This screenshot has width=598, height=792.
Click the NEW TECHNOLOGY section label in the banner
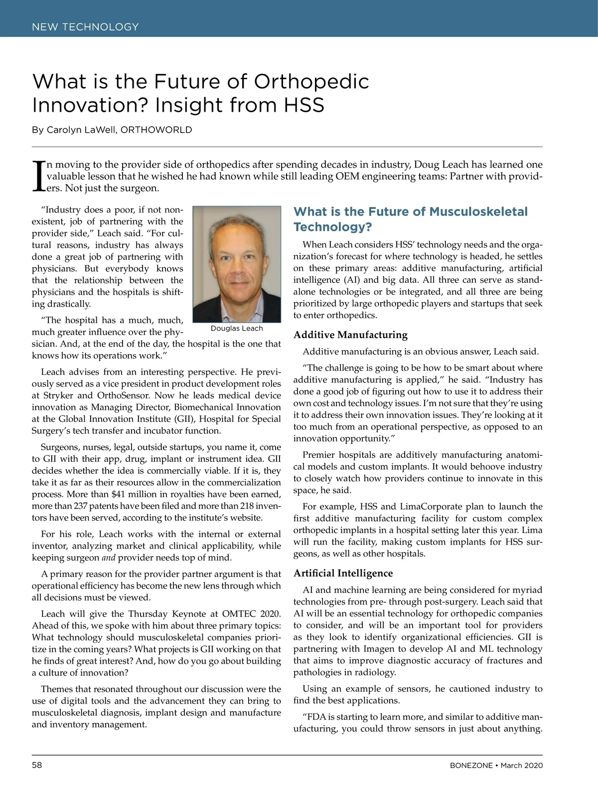85,27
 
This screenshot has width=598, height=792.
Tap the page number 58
37,765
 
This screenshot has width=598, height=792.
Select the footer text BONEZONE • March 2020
493,765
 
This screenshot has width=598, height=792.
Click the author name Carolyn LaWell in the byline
77,130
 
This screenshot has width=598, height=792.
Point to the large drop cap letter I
38,176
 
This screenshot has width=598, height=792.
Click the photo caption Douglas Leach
237,328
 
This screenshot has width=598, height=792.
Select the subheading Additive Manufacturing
350,335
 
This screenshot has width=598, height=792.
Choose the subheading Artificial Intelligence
343,573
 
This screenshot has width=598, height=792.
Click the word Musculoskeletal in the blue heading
478,211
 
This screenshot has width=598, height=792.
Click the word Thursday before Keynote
148,614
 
